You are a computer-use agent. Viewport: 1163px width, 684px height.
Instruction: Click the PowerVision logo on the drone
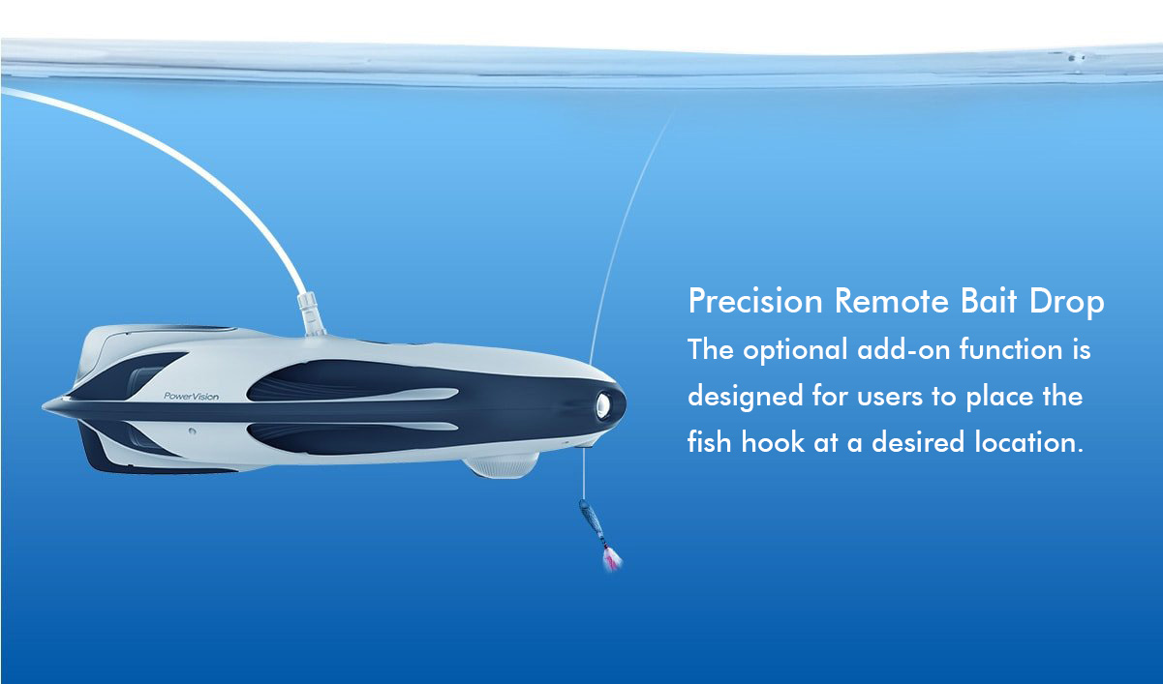point(191,397)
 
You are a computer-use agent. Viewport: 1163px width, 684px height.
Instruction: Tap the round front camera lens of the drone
point(603,405)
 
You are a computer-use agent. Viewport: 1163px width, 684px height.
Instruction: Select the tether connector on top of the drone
point(310,313)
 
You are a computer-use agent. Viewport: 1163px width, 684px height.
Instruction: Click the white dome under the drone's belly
point(502,465)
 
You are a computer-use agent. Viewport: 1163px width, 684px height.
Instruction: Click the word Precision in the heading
point(755,301)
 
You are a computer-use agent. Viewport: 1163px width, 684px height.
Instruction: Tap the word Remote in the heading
point(892,301)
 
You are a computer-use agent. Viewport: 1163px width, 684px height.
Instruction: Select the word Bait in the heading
point(988,300)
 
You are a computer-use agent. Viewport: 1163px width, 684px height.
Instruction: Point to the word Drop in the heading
point(1066,302)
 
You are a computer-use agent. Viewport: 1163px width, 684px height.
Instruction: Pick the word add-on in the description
point(903,349)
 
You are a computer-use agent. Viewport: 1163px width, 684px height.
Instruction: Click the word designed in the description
point(745,398)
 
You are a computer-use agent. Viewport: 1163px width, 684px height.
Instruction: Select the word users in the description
point(889,398)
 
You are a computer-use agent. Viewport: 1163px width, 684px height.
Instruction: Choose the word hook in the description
point(773,442)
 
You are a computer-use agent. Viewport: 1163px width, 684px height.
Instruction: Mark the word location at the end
point(1029,442)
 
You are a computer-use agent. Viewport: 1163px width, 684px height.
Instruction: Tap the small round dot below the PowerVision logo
point(192,431)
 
